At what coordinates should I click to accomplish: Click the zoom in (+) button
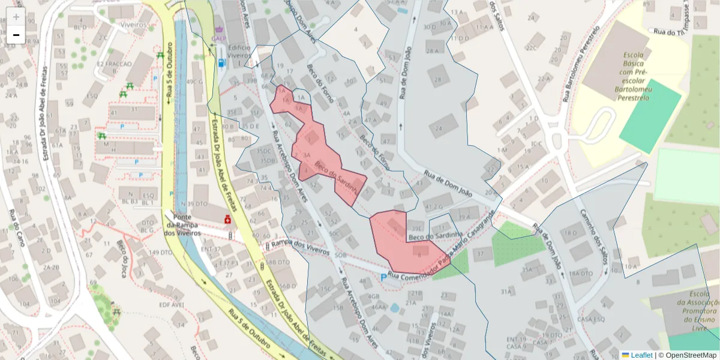16,17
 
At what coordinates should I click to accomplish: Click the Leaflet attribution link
637,355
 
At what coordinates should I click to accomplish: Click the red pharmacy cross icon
227,220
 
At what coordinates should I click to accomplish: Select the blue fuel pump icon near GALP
222,62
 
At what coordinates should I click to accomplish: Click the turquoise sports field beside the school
650,115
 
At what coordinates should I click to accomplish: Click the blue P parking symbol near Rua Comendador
384,277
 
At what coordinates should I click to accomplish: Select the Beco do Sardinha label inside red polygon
336,176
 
